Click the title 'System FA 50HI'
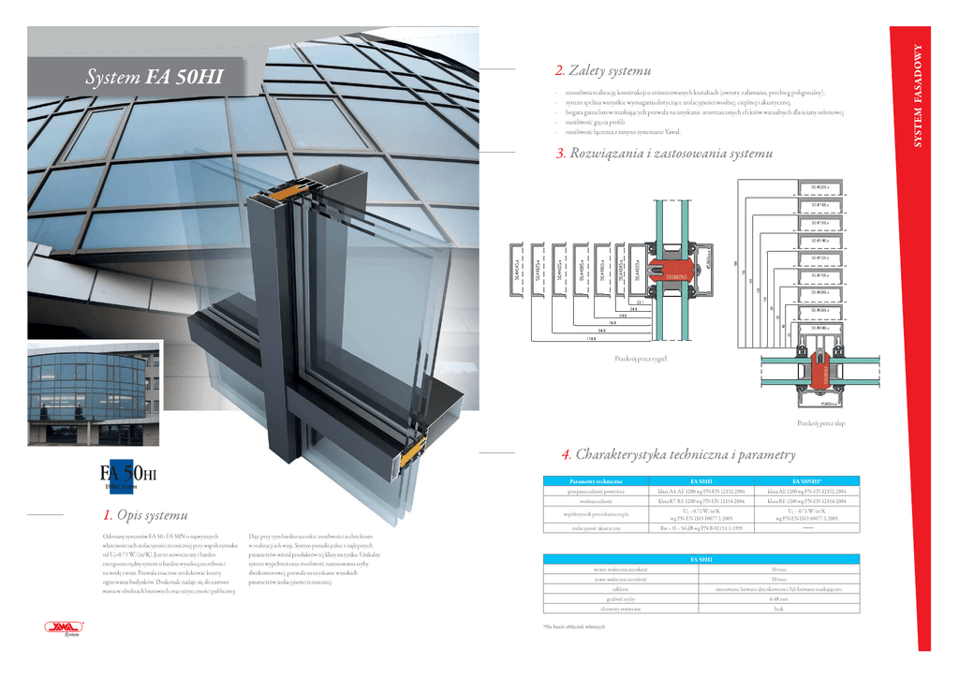tap(154, 78)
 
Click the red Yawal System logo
tap(64, 630)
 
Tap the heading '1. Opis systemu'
tap(145, 514)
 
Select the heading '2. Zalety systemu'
tap(602, 71)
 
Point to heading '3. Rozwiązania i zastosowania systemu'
tap(663, 153)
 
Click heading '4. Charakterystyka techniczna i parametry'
tap(678, 455)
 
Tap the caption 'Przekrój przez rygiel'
tap(640, 359)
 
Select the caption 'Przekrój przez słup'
tap(821, 424)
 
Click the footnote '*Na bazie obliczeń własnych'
tap(568, 626)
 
